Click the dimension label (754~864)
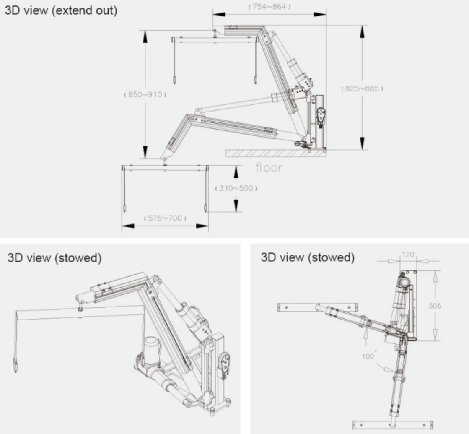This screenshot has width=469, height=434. tap(269, 7)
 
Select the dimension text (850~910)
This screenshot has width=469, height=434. tap(145, 95)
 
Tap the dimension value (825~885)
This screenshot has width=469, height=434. tap(362, 88)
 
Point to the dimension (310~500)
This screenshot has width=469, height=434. tap(236, 188)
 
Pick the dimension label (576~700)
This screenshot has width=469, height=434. tap(165, 218)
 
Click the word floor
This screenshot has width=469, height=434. tap(269, 168)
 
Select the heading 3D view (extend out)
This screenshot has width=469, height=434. tap(61, 10)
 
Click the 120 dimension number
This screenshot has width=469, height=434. tap(407, 255)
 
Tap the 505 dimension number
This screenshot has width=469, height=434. tap(435, 306)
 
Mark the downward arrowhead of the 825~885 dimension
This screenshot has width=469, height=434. tap(362, 143)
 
